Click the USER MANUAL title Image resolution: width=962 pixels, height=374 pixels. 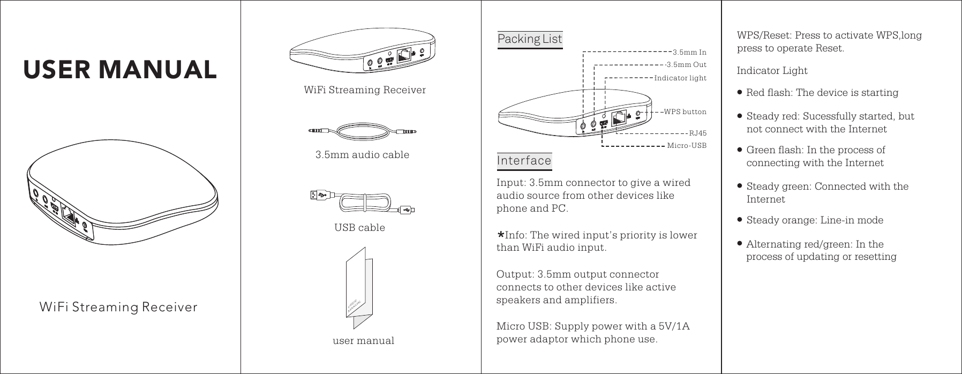(120, 69)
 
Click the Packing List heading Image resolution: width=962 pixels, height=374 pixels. (530, 39)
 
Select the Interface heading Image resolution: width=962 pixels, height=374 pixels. (524, 160)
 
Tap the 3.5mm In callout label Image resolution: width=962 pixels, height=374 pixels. (689, 53)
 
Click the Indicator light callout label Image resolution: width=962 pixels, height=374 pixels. (680, 78)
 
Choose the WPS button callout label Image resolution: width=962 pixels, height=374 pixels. (685, 112)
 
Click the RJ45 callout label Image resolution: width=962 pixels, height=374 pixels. (697, 132)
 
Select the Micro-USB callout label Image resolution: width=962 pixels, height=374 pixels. (687, 145)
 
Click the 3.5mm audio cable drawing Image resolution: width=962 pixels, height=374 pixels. (362, 131)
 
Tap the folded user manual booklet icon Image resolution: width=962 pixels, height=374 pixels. (359, 287)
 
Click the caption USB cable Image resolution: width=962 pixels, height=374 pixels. (359, 228)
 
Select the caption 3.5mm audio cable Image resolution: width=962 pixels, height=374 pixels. (362, 155)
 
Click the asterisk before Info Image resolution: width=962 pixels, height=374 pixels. (501, 235)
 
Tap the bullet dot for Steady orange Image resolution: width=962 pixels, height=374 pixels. (740, 220)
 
